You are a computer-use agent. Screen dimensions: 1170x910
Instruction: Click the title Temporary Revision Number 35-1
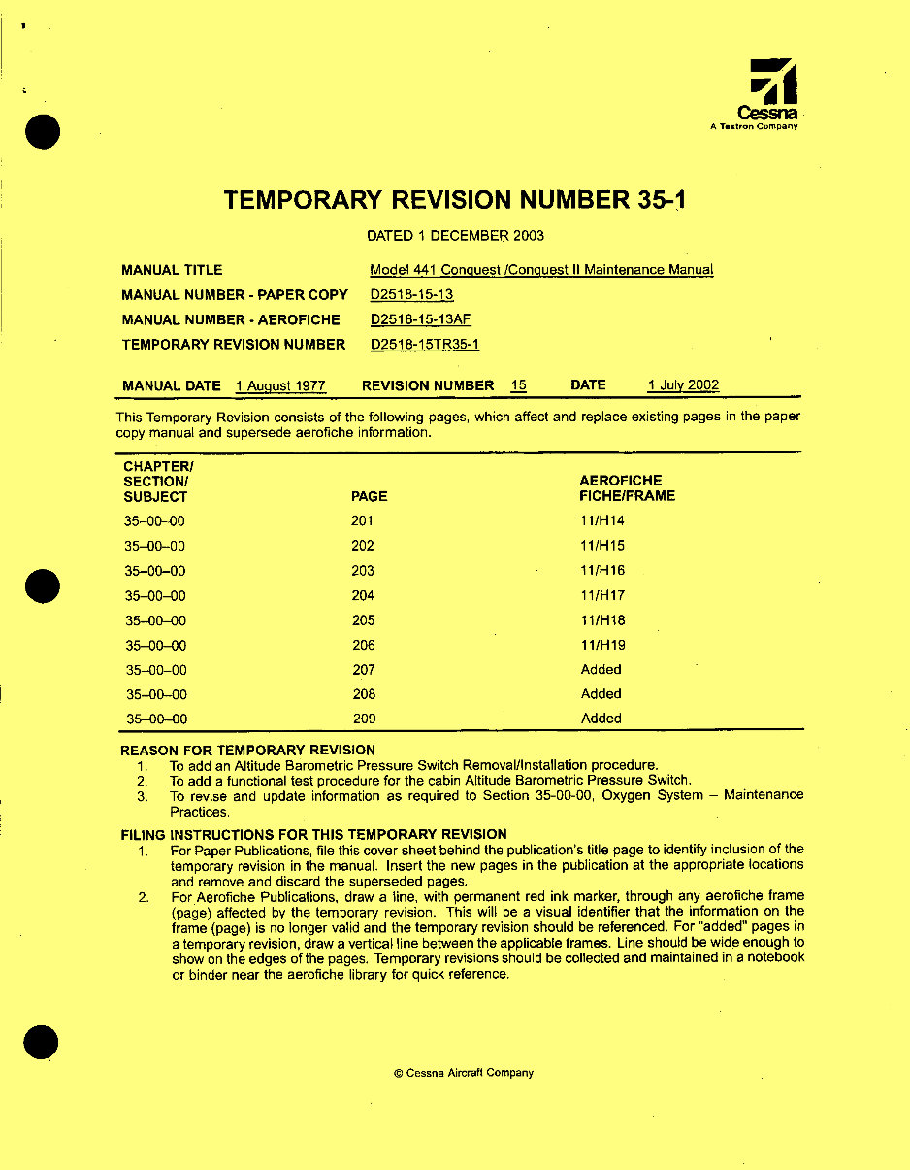coord(456,201)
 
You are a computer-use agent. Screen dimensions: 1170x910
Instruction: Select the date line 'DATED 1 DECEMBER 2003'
coord(455,236)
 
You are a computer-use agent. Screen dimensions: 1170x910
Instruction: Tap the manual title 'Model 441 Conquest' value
coord(541,271)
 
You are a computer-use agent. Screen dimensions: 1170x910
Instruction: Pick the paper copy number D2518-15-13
coord(411,295)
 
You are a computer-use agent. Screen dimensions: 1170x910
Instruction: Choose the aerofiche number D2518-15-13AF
coord(421,319)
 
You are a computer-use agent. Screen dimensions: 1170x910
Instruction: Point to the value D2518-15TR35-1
coord(425,345)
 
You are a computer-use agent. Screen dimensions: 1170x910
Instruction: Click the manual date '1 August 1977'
coord(280,386)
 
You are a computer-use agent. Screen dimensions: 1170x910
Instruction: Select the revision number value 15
coord(519,385)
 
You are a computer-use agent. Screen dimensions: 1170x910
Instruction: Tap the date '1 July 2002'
coord(683,385)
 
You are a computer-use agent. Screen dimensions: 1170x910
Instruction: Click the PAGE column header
coord(369,496)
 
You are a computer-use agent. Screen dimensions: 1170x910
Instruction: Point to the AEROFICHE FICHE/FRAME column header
coord(627,488)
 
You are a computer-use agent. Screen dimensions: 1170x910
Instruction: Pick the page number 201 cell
coord(362,521)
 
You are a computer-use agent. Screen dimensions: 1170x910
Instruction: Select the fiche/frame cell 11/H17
coord(602,596)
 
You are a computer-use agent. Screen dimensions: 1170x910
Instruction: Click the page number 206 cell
coord(363,646)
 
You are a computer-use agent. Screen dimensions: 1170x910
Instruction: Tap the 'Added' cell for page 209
coord(601,719)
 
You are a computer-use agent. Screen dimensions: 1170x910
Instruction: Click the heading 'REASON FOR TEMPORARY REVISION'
coord(247,750)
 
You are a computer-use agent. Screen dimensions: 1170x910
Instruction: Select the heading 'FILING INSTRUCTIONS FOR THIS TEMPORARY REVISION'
coord(313,834)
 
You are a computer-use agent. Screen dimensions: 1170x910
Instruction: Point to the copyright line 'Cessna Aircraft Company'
coord(464,1073)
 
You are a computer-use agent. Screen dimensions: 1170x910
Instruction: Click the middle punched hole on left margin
coord(43,586)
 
